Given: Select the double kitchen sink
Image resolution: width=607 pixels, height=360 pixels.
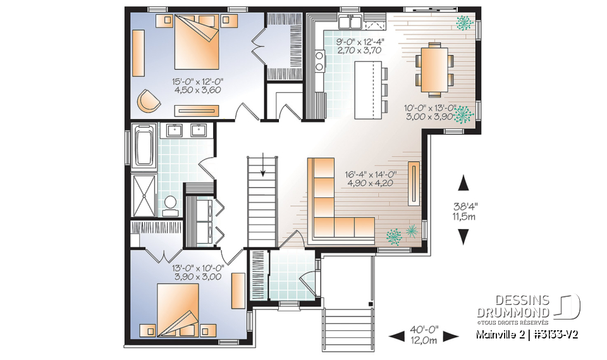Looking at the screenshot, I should [x=349, y=23].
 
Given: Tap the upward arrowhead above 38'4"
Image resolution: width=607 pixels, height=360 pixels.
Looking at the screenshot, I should [x=464, y=183].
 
